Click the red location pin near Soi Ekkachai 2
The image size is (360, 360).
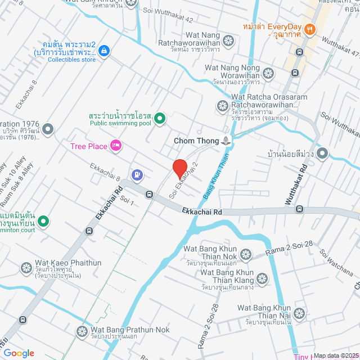point(179,168)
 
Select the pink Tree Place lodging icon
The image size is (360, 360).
point(116,146)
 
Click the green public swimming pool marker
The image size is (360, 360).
point(159,118)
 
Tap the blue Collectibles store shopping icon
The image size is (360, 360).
point(103,51)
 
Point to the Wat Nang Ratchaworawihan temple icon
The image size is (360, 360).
point(228,40)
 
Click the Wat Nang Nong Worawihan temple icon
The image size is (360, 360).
point(269,73)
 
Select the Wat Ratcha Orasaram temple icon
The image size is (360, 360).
point(223,106)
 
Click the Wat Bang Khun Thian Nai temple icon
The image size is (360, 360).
point(299,313)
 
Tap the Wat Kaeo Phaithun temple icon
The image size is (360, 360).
point(26,268)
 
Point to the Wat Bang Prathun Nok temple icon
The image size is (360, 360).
point(82,330)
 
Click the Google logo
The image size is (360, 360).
point(19,353)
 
